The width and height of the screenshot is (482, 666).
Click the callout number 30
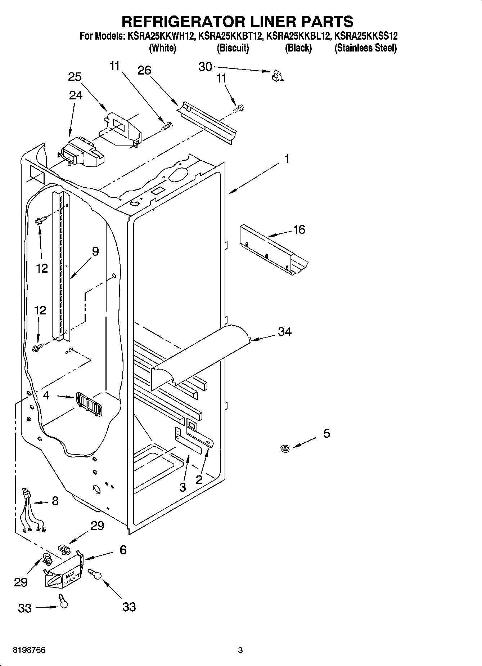coord(205,67)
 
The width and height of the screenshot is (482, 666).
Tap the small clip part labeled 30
coord(278,76)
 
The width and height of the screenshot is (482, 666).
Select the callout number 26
coord(144,70)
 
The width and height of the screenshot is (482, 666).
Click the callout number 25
coord(75,77)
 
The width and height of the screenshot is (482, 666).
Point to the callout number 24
coord(76,95)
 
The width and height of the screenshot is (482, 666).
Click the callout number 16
coord(299,229)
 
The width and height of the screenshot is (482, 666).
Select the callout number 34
coord(284,331)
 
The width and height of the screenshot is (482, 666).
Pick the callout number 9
coord(95,251)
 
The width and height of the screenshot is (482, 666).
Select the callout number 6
coord(123,550)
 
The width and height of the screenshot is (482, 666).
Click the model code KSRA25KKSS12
coord(366,36)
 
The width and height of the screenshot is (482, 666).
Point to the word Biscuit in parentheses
coord(233,48)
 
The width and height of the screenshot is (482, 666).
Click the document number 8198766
coord(29,651)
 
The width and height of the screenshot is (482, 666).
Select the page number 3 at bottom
coord(240,651)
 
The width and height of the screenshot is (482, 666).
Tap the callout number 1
coord(287,159)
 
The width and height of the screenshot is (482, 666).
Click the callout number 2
coord(199,479)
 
